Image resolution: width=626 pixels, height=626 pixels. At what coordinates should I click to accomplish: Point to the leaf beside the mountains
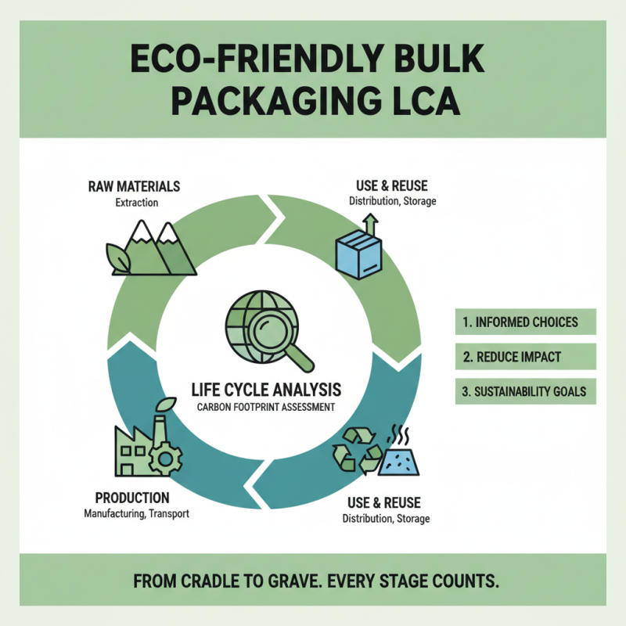(119, 257)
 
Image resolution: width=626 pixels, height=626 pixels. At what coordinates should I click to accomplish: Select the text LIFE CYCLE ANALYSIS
(266, 389)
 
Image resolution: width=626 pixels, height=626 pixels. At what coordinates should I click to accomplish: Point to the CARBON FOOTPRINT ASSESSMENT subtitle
(266, 407)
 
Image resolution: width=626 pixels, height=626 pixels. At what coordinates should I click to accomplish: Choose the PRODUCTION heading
(131, 498)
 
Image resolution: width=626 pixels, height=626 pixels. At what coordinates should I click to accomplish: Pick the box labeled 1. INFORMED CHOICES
(525, 322)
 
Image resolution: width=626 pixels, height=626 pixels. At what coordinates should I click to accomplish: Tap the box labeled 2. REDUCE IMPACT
(525, 357)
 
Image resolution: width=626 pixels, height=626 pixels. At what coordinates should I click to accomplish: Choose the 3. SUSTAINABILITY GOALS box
(525, 391)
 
